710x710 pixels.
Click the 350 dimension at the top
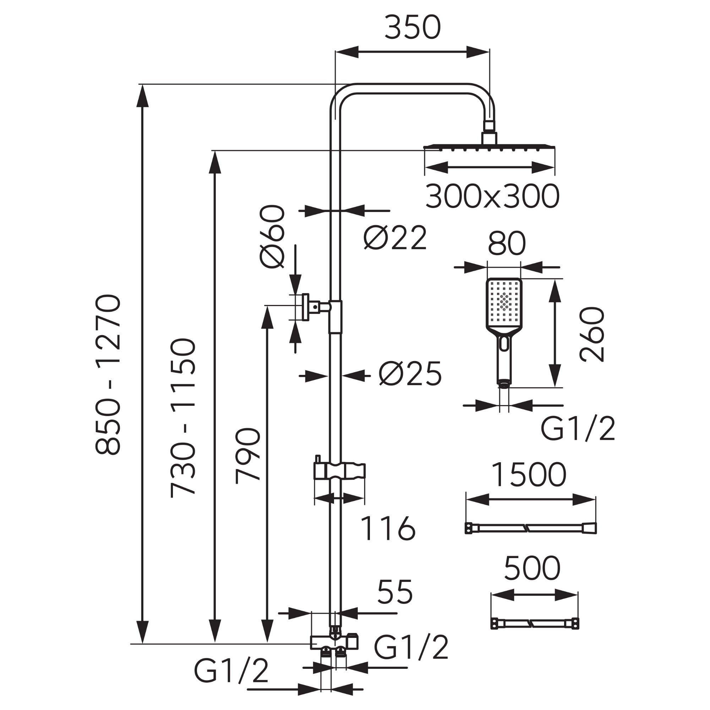point(412,28)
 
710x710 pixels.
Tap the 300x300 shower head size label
point(492,197)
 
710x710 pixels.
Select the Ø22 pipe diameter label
point(395,237)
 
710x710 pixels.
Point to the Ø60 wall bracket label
point(272,237)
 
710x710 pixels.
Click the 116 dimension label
point(388,529)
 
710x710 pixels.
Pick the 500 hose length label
point(532,568)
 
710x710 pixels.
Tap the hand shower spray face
point(504,303)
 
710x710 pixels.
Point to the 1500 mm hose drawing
point(530,529)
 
